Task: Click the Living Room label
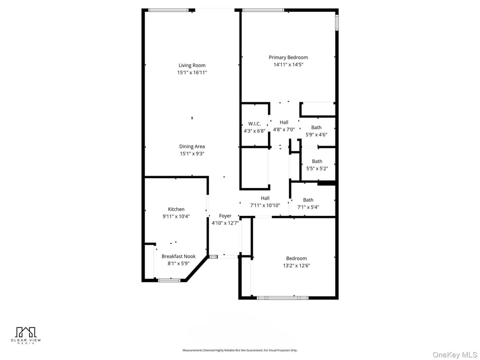[192, 66]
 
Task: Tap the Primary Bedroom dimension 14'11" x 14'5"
[288, 65]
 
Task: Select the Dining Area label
[192, 147]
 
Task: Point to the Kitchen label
[176, 209]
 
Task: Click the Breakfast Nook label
[179, 256]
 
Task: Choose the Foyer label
[225, 216]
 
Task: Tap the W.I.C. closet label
[254, 124]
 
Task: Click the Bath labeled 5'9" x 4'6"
[316, 128]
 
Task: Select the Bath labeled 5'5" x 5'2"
[317, 162]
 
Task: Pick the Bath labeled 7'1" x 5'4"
[308, 200]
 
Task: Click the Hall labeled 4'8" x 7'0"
[284, 122]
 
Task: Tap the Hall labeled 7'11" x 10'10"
[265, 198]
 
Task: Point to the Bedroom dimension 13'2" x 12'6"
[296, 265]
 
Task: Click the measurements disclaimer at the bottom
[239, 350]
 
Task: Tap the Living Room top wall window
[168, 9]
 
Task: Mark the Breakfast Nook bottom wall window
[169, 280]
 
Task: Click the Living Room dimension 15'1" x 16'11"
[192, 73]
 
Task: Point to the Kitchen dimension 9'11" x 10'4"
[176, 216]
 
